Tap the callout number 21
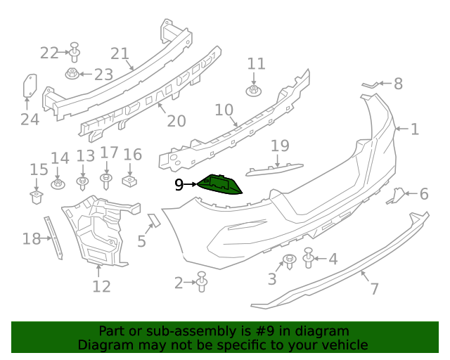pos(120,53)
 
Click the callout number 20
pos(176,121)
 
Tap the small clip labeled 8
pos(370,85)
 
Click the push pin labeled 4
pos(309,259)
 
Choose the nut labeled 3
pos(289,262)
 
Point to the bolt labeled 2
pos(202,282)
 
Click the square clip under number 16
pos(130,181)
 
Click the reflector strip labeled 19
pos(275,169)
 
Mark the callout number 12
pos(101,286)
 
